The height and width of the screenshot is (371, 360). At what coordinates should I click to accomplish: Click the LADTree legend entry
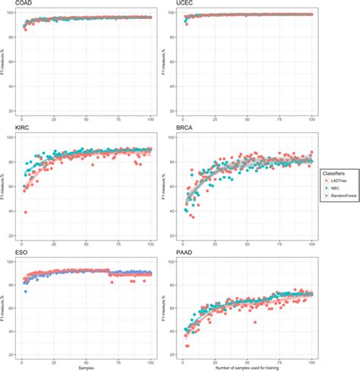(335, 182)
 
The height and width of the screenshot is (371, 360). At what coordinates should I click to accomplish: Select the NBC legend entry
(332, 192)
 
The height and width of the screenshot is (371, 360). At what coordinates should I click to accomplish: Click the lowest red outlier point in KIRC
(26, 212)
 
